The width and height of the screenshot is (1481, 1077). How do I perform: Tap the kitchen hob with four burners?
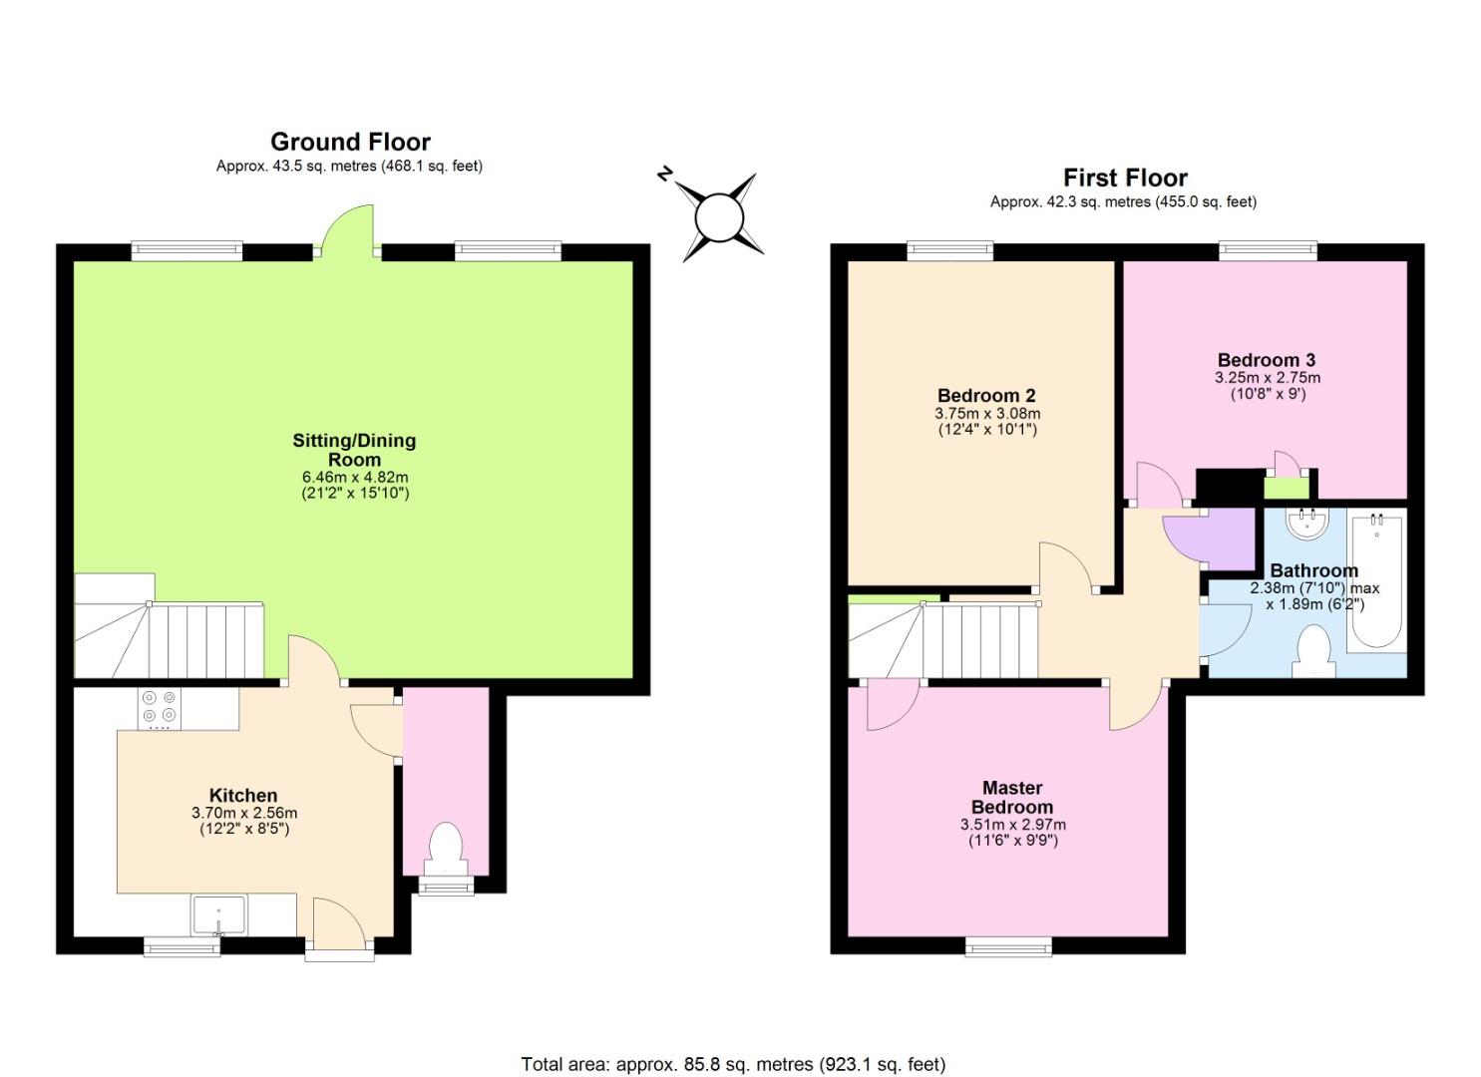(x=159, y=707)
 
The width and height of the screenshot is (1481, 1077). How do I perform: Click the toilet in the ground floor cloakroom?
(x=444, y=849)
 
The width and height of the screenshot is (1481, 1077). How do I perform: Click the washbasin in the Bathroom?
(x=1306, y=524)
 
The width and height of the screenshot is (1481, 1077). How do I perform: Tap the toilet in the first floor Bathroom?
(x=1313, y=652)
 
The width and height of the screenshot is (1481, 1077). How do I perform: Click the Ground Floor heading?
(x=350, y=142)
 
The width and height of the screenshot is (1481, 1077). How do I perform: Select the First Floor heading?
(x=1125, y=178)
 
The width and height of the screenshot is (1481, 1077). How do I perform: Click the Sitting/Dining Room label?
(x=354, y=450)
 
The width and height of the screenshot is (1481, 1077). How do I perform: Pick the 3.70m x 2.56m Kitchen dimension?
(x=244, y=813)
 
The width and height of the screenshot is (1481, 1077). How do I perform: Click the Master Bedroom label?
(x=1012, y=797)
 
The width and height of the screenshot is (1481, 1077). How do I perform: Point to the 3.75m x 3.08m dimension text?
(x=987, y=414)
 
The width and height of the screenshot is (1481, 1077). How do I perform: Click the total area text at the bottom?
(x=733, y=1064)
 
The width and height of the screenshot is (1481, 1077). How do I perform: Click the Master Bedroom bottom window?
(x=1008, y=945)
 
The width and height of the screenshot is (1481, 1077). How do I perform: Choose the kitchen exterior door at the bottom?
(x=339, y=927)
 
